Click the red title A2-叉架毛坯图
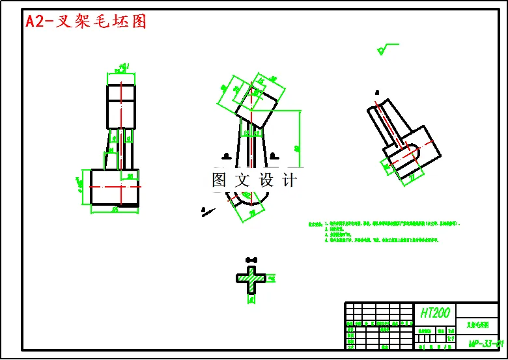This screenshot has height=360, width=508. (86, 21)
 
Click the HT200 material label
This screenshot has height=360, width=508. (434, 313)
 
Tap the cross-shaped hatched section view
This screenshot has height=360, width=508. (251, 278)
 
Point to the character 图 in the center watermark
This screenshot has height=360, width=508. (219, 180)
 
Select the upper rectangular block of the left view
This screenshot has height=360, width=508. (121, 105)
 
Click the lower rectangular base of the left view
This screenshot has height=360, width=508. (115, 187)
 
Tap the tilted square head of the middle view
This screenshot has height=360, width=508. (256, 107)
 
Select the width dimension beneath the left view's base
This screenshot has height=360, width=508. (115, 210)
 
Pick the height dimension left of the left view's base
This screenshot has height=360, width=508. (83, 187)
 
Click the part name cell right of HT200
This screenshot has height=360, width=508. (477, 324)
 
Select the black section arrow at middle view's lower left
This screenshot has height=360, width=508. (205, 210)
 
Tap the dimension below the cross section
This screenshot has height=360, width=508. (251, 299)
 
